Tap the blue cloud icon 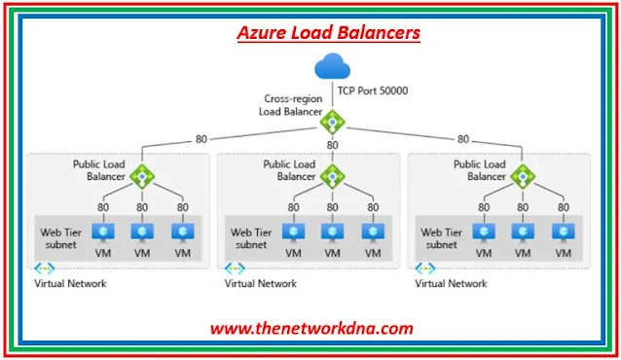tap(333, 69)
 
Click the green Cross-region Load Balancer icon tap(333, 123)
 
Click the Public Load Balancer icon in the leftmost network tap(142, 175)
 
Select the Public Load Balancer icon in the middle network tap(333, 175)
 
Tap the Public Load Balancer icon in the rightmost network tap(523, 175)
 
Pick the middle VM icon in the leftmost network tap(142, 233)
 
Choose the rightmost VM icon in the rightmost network tap(561, 233)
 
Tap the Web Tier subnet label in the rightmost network tap(443, 237)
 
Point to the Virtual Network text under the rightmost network tap(451, 284)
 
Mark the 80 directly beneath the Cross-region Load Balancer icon tap(333, 145)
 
